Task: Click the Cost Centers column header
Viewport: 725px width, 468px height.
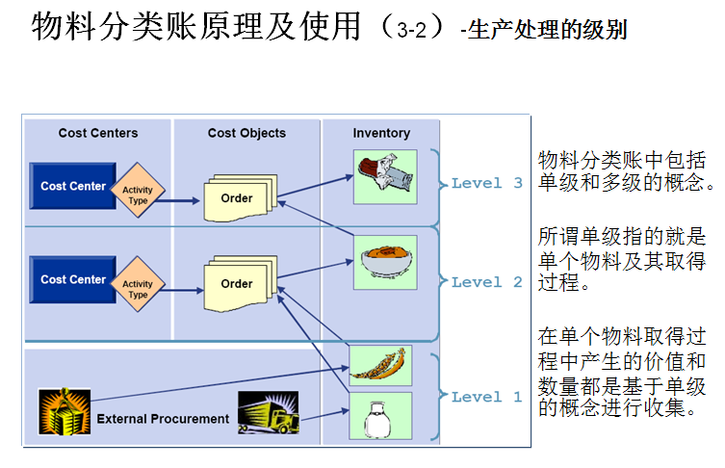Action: [x=98, y=133]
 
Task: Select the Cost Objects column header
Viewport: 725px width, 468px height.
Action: [x=246, y=133]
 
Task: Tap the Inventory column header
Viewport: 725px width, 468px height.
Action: [x=381, y=133]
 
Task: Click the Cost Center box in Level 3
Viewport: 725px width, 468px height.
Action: [x=72, y=186]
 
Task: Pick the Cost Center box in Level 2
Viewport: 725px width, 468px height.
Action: [x=72, y=279]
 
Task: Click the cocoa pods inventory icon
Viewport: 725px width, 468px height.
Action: [x=380, y=364]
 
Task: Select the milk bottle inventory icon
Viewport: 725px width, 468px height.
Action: [x=380, y=415]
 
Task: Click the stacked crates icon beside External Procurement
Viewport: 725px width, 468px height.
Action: [x=65, y=411]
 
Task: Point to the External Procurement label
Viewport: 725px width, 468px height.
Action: [x=163, y=419]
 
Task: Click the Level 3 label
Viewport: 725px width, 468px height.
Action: [x=487, y=183]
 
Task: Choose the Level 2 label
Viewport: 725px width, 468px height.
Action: [x=487, y=282]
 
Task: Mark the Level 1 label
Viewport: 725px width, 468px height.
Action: [x=487, y=397]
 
